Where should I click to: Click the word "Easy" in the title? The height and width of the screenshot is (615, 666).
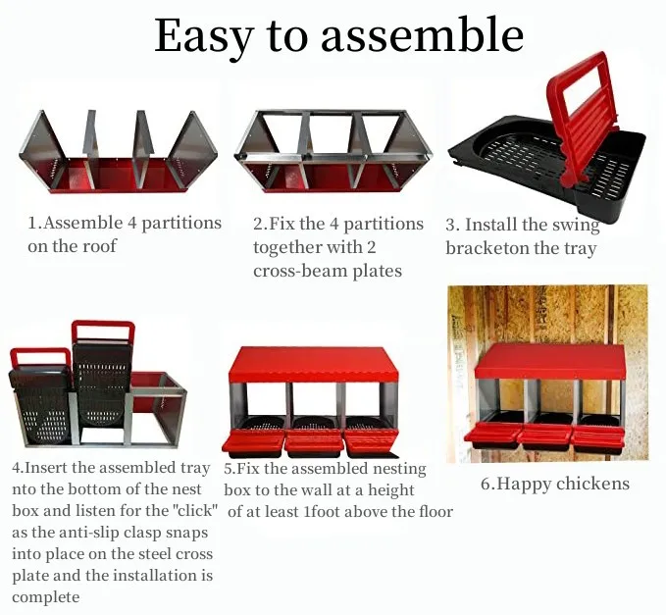coord(202,36)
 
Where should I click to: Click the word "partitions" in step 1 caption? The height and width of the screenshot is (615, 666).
coord(177,224)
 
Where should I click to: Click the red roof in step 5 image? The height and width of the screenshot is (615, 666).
coord(313,365)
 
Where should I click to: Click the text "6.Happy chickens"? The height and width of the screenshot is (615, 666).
coord(554,484)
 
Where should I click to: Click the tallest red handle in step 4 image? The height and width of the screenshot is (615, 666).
coord(103,332)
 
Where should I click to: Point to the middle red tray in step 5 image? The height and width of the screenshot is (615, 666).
coord(314,440)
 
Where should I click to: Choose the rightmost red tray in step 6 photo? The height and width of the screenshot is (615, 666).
coord(593,434)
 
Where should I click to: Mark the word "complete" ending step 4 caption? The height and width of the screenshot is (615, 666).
coord(46,596)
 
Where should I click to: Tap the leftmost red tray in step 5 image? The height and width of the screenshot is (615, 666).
coord(254,442)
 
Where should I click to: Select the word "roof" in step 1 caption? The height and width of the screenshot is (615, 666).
coord(97,246)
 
